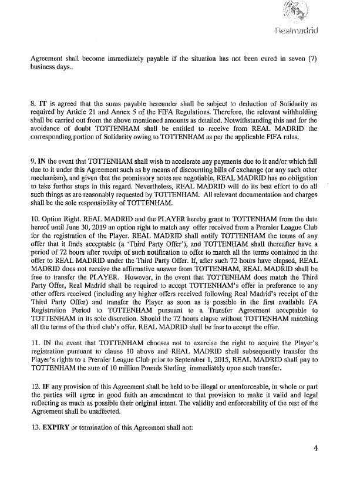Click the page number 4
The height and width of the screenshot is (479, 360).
(315, 450)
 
